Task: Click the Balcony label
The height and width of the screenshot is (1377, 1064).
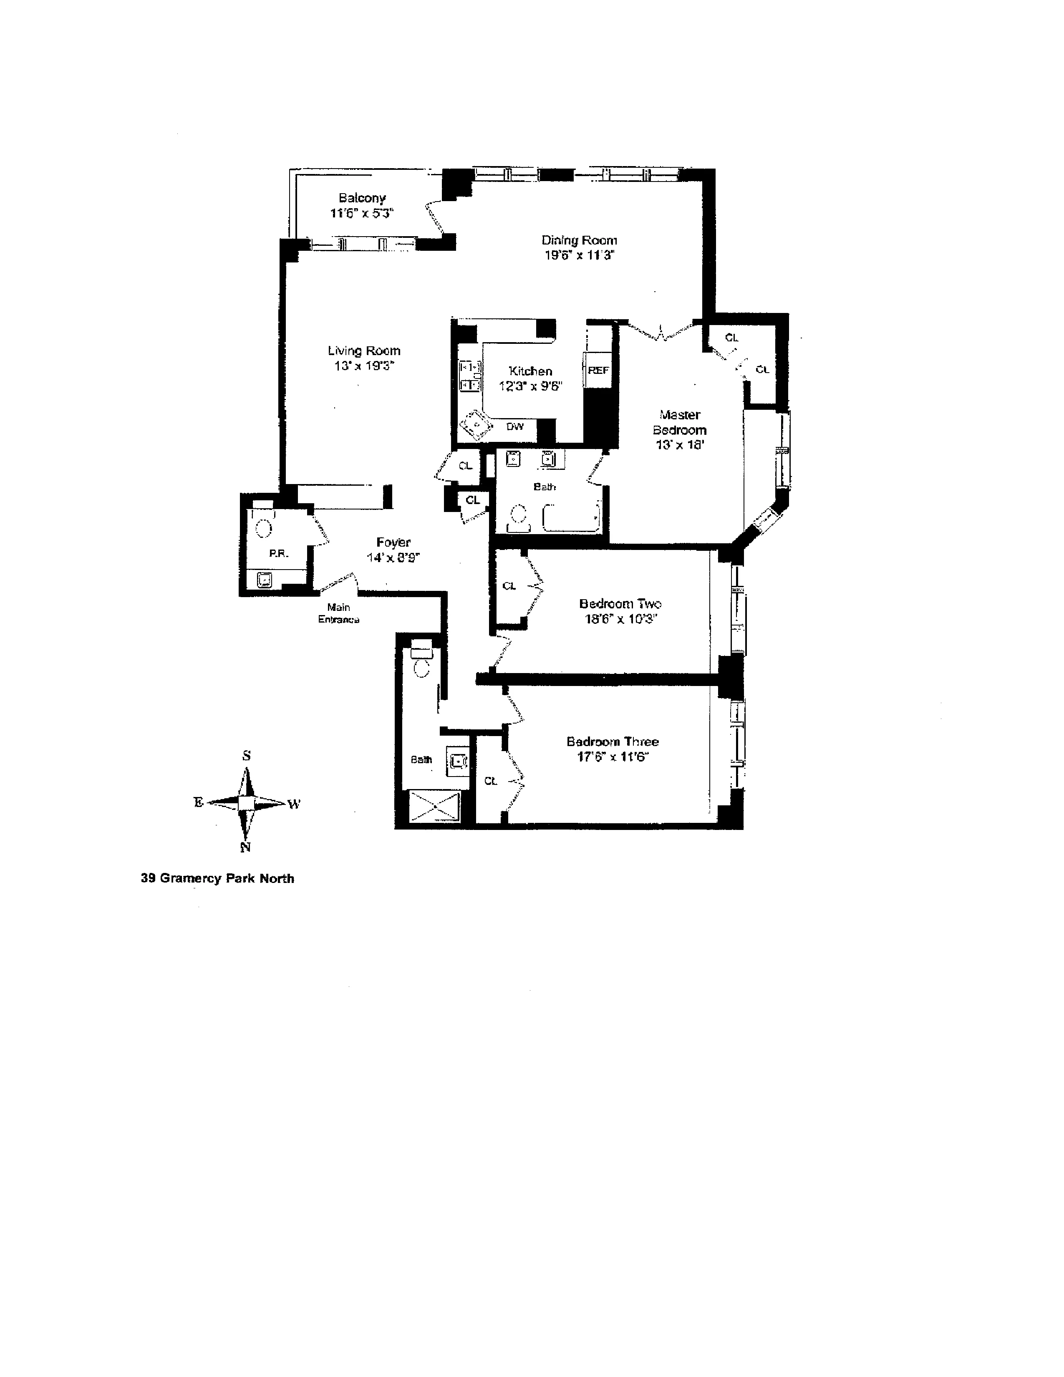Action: pos(362,198)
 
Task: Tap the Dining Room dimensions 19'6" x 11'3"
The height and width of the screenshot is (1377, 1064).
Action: pos(579,255)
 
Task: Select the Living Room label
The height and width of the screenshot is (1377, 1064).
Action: pos(364,351)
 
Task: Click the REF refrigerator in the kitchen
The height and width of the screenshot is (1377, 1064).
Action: pos(598,370)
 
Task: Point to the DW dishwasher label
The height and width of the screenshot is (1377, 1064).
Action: pos(515,427)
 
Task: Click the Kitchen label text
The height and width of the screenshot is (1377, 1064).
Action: pos(530,371)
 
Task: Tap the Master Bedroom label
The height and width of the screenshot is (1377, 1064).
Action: pos(679,422)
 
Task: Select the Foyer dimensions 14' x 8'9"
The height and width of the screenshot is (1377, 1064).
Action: pos(393,557)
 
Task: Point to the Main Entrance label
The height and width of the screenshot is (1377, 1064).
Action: pos(338,613)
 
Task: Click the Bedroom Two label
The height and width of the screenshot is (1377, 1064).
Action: pos(620,603)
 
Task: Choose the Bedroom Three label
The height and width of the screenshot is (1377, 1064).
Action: pos(612,741)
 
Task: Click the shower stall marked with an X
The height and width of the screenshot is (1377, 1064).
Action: pos(435,806)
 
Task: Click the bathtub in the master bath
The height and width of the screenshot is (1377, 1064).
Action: pos(570,518)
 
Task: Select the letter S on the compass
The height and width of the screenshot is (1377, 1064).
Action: pos(247,755)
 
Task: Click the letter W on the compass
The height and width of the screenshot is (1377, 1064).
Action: pos(294,804)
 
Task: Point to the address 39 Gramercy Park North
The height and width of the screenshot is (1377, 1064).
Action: pos(217,878)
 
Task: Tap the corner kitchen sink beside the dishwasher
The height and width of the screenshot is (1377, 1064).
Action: pos(477,426)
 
